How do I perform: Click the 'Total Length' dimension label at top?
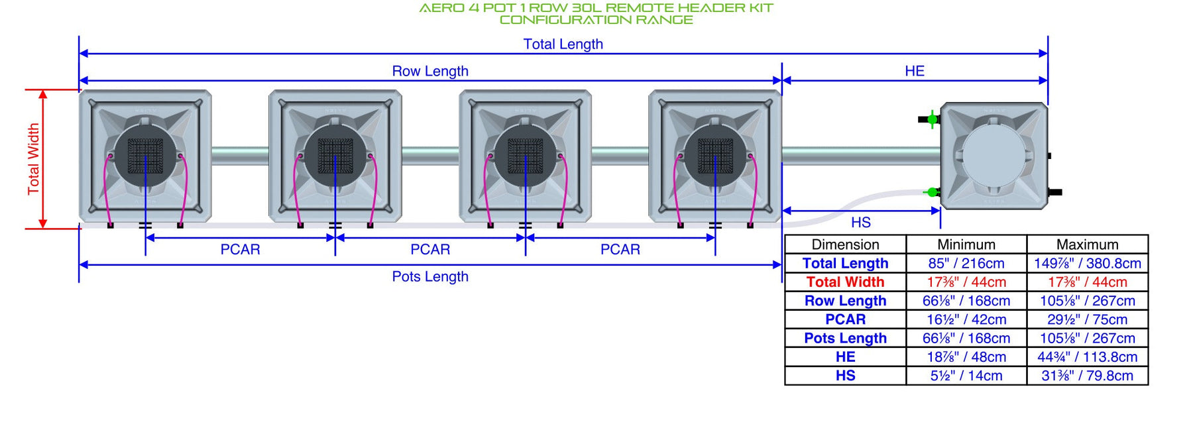coord(563,44)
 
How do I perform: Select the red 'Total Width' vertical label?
coord(33,159)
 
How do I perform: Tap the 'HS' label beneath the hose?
coord(860,223)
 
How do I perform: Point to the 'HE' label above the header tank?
coord(915,71)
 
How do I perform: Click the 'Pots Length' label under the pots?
coord(430,276)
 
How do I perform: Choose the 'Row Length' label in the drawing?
coord(430,71)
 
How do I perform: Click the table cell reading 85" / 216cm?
coord(966,263)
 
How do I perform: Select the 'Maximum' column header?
coord(1087,245)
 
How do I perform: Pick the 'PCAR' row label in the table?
coord(845,319)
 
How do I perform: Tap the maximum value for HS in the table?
coord(1087,376)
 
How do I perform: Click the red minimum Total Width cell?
coord(966,282)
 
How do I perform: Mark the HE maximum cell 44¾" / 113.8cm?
coord(1087,357)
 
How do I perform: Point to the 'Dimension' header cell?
coord(845,245)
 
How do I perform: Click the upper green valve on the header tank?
coord(932,119)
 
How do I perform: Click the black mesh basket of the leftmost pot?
coord(145,156)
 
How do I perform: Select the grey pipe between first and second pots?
coord(240,156)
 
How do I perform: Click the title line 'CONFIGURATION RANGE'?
coord(596,20)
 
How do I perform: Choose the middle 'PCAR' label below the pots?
coord(430,249)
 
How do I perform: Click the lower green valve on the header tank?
coord(932,192)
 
